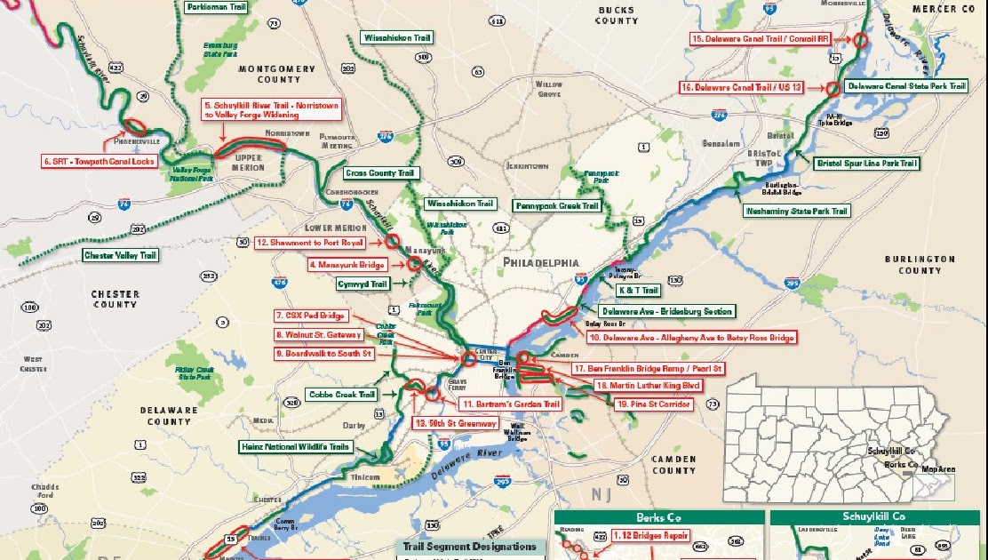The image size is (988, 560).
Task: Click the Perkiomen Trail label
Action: pos(216,6)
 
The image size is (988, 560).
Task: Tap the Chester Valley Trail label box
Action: pos(120,255)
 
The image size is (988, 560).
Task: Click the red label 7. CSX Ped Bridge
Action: pos(310,316)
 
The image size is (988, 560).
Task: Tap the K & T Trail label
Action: pos(638,291)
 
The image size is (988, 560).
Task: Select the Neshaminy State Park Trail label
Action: pos(797,211)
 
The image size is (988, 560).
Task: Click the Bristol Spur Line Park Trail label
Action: pos(868,164)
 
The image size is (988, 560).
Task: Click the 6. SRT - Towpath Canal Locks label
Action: pos(100,161)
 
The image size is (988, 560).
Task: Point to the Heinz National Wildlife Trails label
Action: pos(295,447)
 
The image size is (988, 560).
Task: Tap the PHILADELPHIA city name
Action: pos(540,263)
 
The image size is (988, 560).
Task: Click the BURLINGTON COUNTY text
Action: pos(920,265)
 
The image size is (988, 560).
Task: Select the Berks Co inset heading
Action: pos(658,517)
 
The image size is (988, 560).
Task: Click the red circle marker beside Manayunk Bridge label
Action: pos(414,263)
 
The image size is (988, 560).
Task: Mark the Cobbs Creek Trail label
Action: pos(342,394)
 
